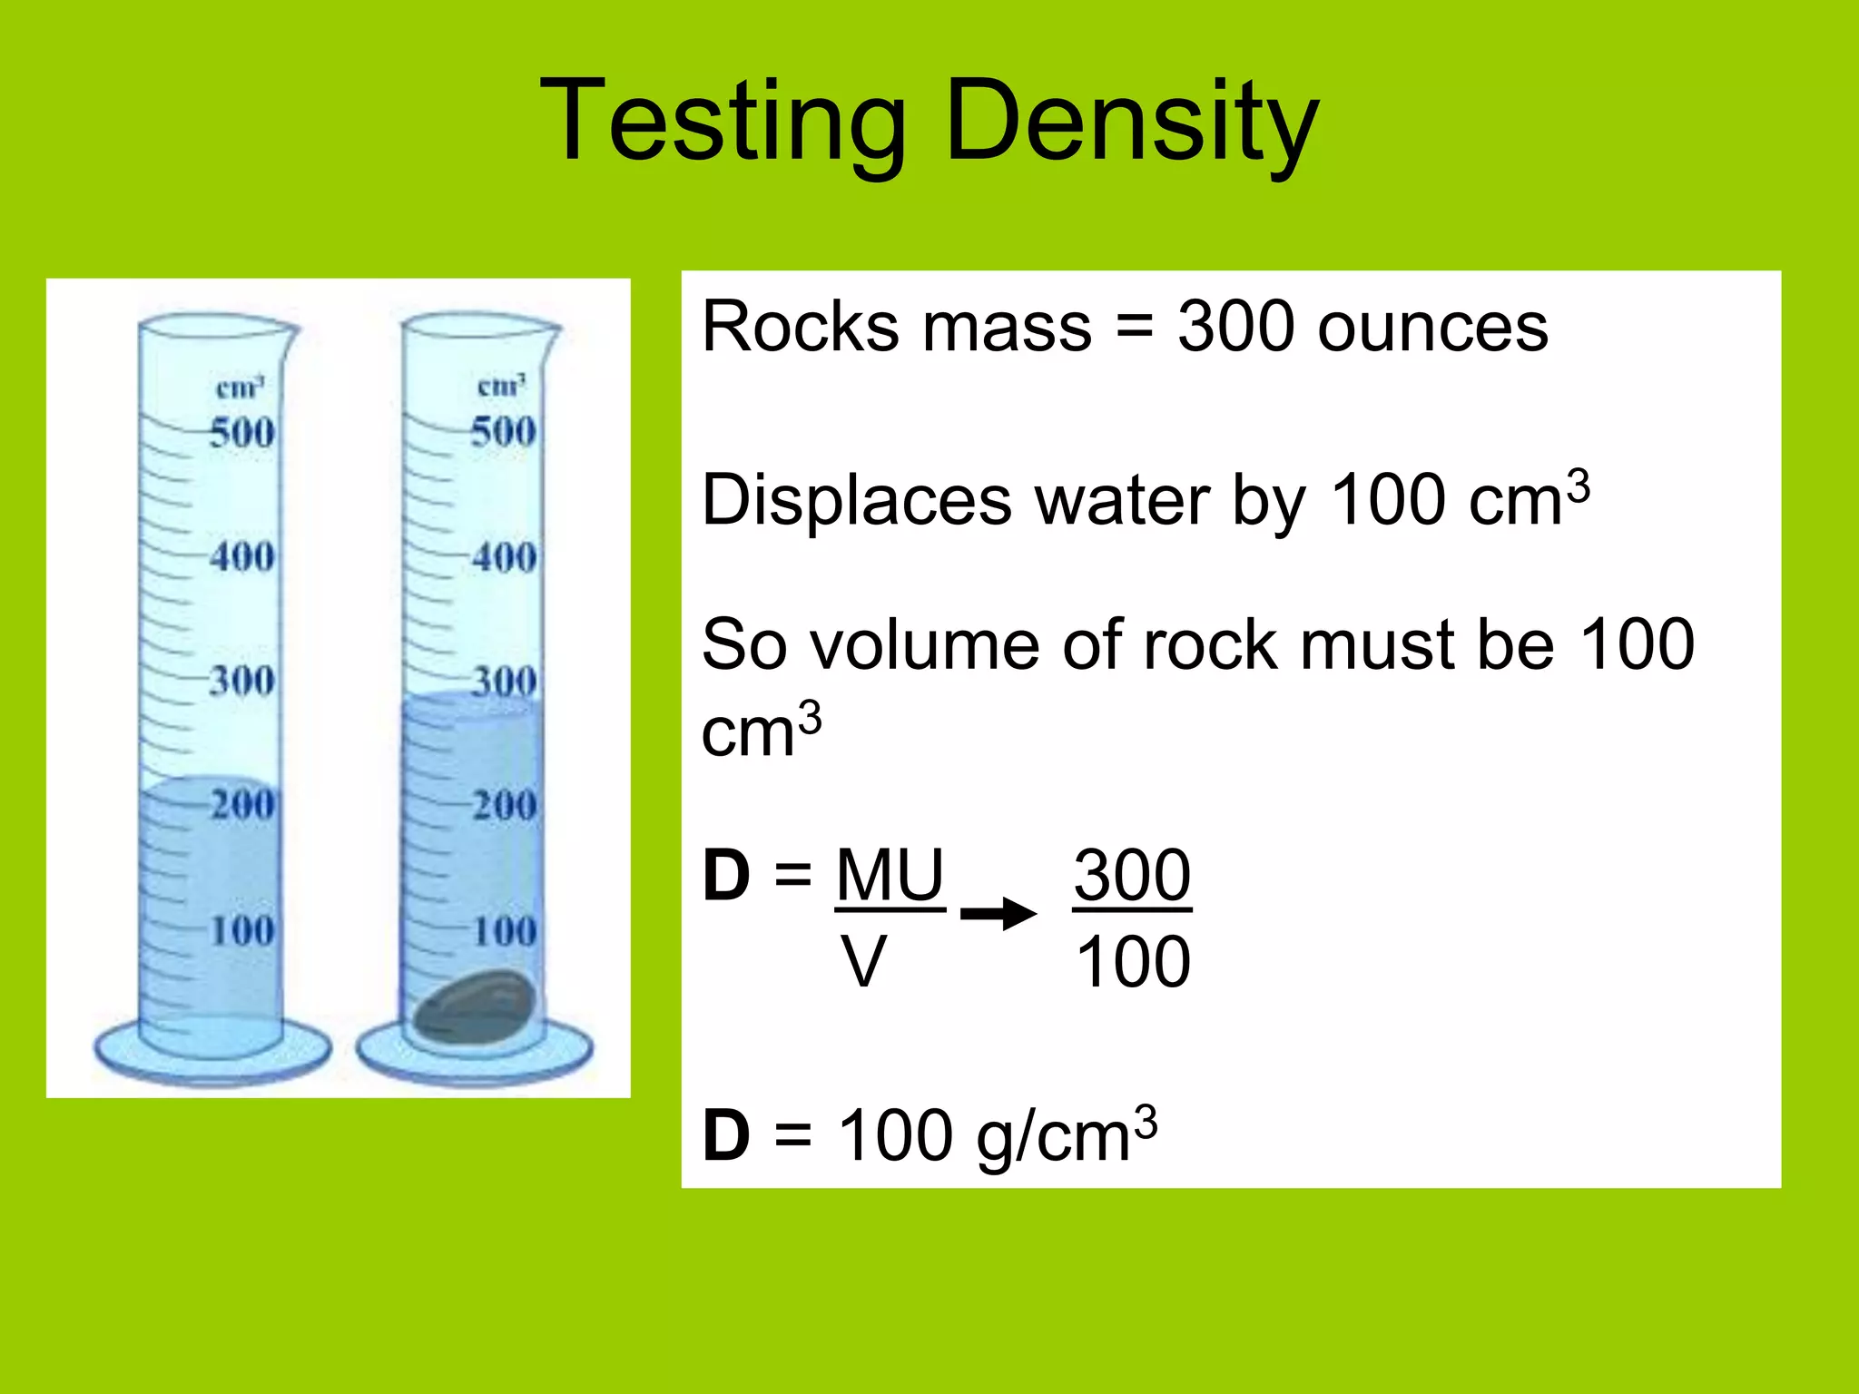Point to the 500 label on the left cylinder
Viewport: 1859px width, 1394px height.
click(x=241, y=432)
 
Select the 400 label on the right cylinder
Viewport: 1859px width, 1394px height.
click(x=504, y=556)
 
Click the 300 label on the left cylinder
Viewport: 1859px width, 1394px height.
click(x=241, y=681)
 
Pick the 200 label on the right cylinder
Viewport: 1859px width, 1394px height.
click(x=504, y=805)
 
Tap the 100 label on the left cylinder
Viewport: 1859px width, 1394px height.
click(x=241, y=930)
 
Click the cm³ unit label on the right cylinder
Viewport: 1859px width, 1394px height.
click(x=501, y=386)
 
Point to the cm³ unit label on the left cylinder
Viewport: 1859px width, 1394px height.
click(x=240, y=388)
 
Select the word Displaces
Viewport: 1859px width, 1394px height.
click(x=857, y=501)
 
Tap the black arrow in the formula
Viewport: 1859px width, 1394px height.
click(x=998, y=913)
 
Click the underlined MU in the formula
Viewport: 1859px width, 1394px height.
click(x=890, y=875)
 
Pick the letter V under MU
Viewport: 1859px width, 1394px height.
click(x=863, y=962)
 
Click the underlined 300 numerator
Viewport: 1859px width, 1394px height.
click(x=1132, y=875)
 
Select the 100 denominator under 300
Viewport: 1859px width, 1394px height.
click(x=1132, y=962)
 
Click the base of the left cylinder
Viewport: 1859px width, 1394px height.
click(x=211, y=1053)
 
